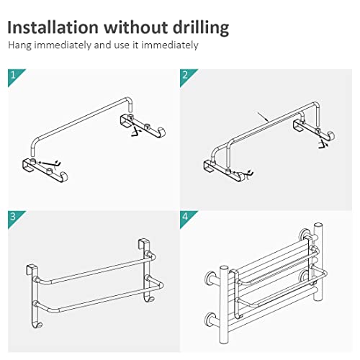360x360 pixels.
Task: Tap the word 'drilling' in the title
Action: pos(195,27)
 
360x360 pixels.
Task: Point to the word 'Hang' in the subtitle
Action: pos(19,45)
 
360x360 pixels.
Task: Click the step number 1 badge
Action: pos(13,74)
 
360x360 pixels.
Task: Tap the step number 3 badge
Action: pos(13,218)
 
